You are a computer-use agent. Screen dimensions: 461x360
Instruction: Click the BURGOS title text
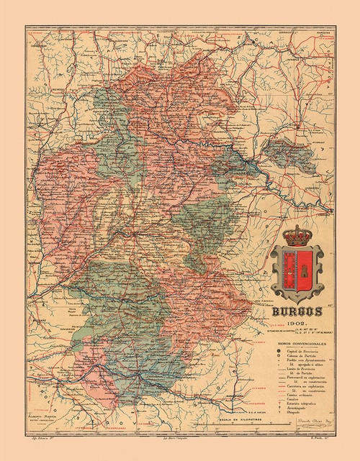tap(297, 314)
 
